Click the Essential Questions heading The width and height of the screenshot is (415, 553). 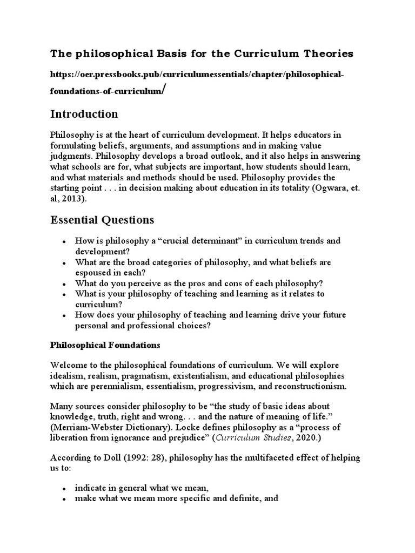tap(102, 220)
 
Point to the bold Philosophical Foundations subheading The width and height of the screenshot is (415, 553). tap(105, 345)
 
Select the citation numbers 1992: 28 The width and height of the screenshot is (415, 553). tap(136, 457)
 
